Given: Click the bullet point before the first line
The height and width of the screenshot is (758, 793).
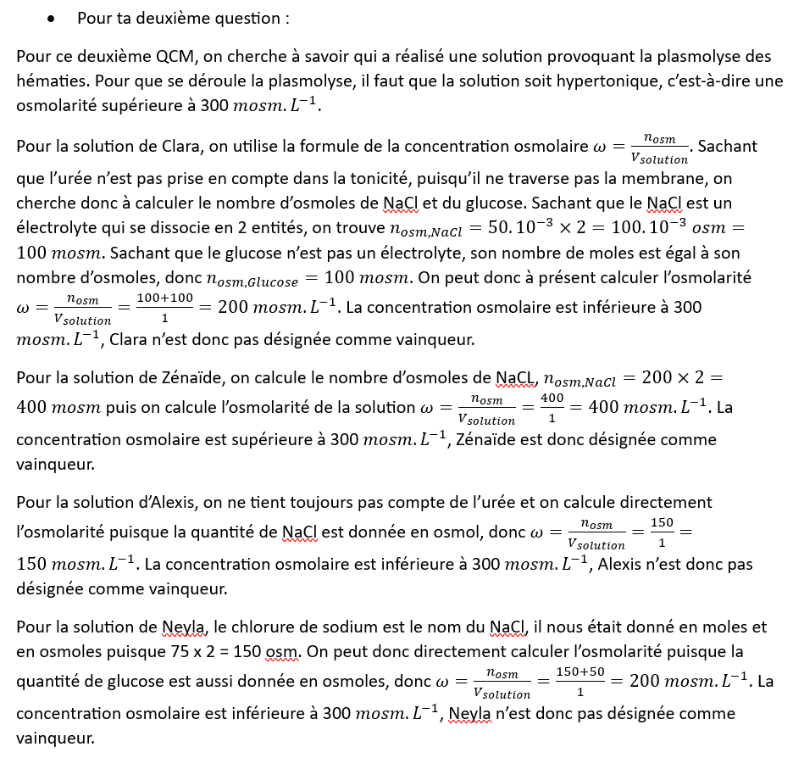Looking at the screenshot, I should tap(53, 19).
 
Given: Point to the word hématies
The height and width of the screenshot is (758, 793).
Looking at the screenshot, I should tap(51, 81).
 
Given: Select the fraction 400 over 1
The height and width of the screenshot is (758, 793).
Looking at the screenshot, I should tap(552, 408).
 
